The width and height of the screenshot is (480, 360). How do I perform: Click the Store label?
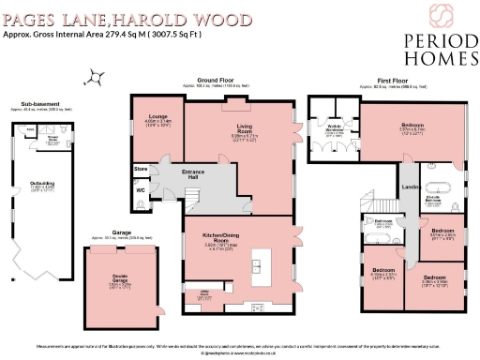[141, 170]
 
